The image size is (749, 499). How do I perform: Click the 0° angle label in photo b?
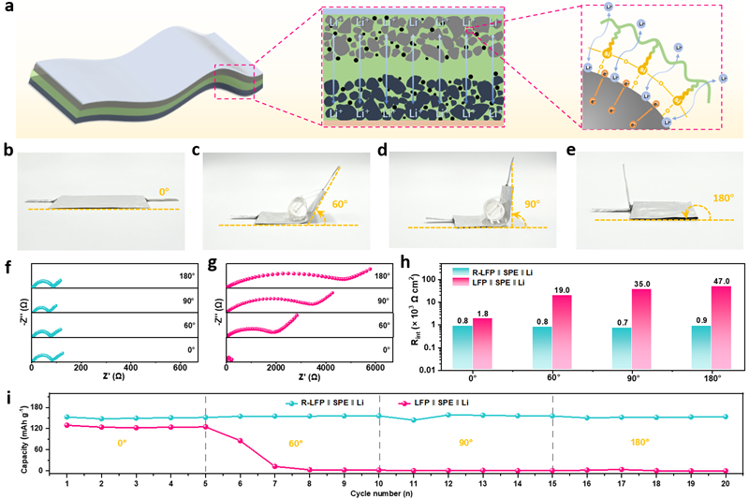[x=165, y=192]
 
